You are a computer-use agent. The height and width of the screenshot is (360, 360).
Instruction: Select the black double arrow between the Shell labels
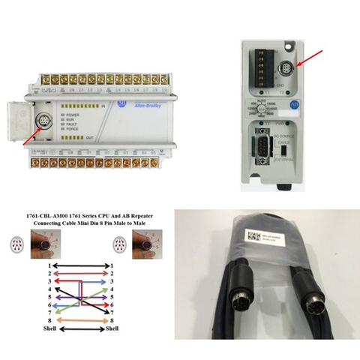click(79, 328)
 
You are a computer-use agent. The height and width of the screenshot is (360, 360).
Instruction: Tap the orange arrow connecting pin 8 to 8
click(79, 319)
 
